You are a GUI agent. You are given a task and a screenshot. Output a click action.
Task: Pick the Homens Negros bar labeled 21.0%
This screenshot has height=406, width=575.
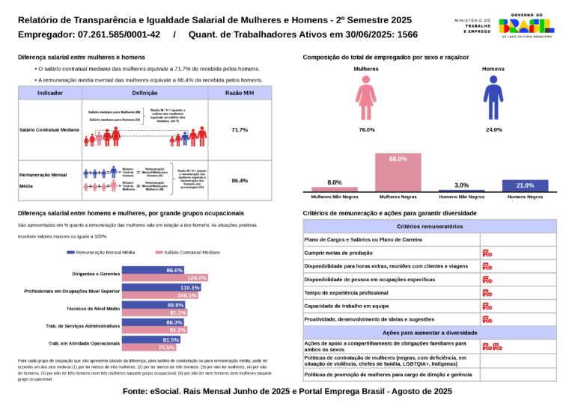coord(525,186)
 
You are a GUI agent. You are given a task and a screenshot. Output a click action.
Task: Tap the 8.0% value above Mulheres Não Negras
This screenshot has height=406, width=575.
coord(335,182)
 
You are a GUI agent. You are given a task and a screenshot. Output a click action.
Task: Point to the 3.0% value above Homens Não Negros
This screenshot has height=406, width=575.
coord(461,185)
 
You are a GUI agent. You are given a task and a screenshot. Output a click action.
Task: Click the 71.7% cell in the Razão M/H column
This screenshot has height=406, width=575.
coord(240,130)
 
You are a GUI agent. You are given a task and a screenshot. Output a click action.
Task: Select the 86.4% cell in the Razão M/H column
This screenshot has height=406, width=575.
coord(240,180)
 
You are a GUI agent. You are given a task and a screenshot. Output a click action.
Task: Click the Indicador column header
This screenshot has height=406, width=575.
coord(49,92)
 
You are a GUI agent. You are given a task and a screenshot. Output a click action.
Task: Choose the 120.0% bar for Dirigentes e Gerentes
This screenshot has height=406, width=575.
coord(165,278)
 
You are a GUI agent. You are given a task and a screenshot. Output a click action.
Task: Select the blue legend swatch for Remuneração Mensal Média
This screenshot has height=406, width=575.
coord(70,253)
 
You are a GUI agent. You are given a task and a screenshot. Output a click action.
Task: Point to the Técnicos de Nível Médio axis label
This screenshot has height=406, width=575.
coord(94,308)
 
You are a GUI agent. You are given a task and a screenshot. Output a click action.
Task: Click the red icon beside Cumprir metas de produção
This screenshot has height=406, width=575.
coord(487,253)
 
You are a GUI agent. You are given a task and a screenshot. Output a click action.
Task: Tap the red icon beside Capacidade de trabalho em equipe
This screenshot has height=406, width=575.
coord(487,306)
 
